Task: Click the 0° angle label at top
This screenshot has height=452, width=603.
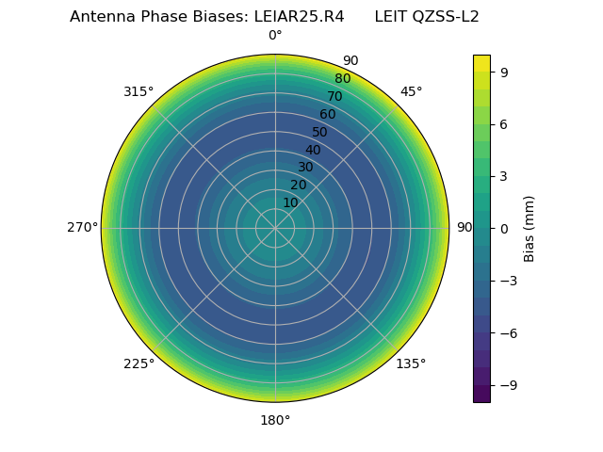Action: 275,36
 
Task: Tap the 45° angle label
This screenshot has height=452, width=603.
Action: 411,91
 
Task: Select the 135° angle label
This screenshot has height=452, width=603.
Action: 411,363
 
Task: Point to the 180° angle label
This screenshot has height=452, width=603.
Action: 275,420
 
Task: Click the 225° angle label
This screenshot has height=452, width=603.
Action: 139,363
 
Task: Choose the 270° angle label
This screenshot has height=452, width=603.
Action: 82,228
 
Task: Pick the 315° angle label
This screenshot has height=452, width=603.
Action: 139,91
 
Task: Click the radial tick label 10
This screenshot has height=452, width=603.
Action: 290,202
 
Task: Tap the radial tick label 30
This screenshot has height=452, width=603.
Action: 305,168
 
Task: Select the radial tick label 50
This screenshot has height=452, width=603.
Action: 320,132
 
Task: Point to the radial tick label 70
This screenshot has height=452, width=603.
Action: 334,96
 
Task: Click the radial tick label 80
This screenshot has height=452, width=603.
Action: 342,79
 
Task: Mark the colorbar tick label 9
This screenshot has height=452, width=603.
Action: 505,72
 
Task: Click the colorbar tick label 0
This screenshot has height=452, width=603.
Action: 505,228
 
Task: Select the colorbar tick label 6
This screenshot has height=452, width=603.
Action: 505,124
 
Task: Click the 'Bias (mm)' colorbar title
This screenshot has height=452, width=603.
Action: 530,228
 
